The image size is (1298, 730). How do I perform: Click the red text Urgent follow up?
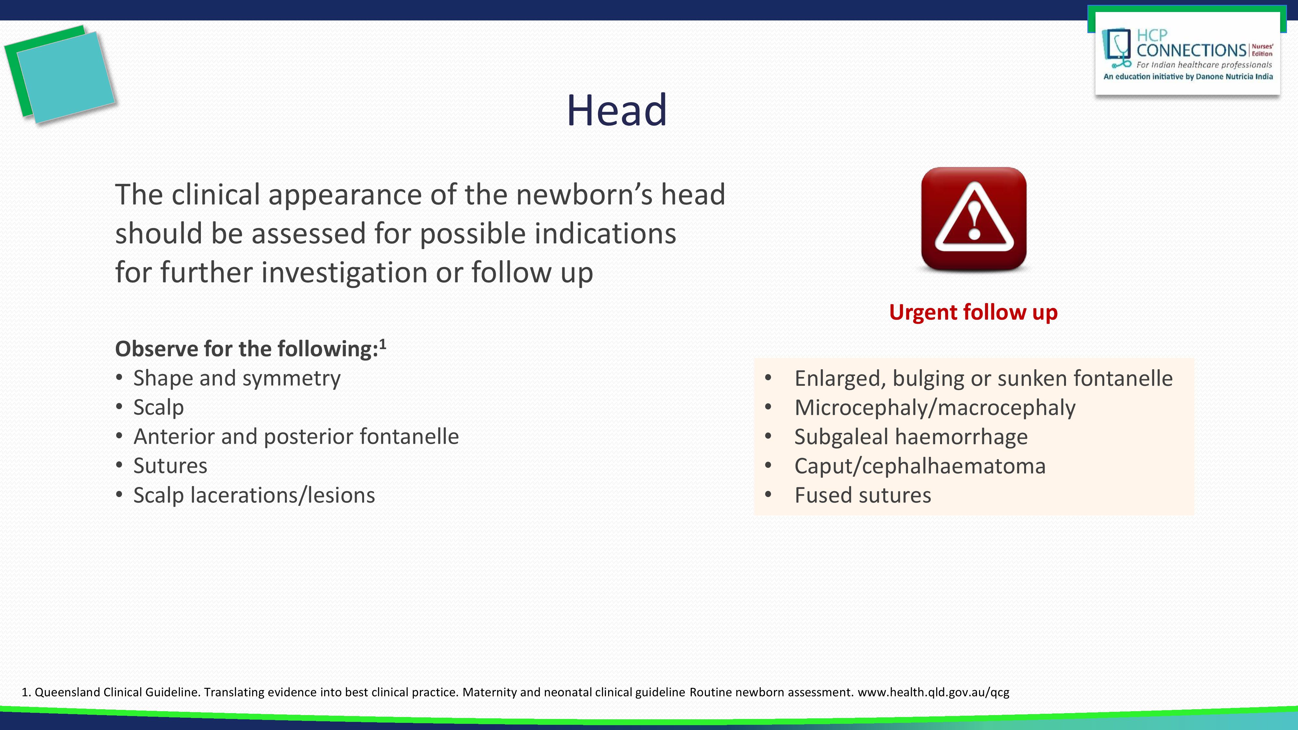[973, 312]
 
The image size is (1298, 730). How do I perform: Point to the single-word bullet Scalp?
[158, 408]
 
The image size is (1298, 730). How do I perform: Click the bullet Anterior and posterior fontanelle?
[296, 437]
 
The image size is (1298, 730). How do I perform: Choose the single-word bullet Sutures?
[170, 466]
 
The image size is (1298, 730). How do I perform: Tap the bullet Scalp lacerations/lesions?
[254, 495]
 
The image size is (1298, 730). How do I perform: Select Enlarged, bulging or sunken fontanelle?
[983, 378]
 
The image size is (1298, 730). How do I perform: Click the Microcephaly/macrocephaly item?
[935, 408]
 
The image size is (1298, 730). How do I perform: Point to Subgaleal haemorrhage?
[911, 437]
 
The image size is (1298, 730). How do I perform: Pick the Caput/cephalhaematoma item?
[920, 466]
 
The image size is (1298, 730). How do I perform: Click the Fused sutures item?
[863, 495]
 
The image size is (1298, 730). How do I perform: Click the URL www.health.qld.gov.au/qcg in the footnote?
[933, 692]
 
